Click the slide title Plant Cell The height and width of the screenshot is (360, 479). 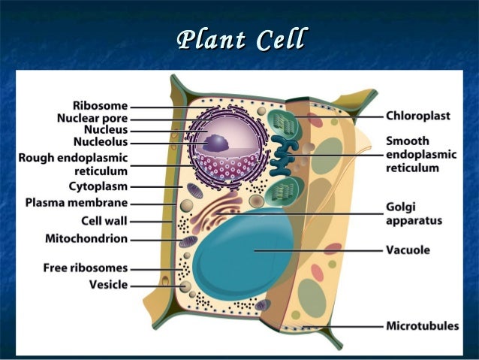coord(240,39)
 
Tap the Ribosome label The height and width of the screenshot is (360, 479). coord(100,106)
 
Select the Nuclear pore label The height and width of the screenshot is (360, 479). coord(92,118)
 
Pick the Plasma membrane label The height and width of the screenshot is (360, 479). coord(76,203)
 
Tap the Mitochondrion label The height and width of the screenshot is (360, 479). coord(86,239)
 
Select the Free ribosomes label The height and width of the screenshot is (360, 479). coord(85,267)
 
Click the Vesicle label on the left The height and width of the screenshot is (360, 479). coord(108,284)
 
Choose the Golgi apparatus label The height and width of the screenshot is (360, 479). coord(414,213)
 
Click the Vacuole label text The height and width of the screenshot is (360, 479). coord(408,250)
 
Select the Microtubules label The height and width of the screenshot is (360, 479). coord(422,326)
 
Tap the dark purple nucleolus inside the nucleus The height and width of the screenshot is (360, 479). coord(218,142)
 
